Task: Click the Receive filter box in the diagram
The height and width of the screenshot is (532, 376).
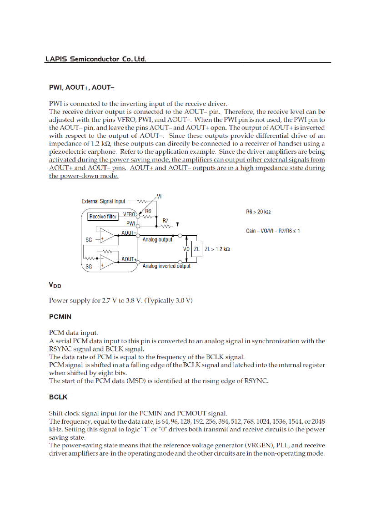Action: point(103,217)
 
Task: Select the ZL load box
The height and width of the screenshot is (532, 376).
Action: point(197,249)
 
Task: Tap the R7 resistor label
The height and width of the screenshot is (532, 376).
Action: point(165,220)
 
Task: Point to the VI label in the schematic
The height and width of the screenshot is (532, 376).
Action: point(159,196)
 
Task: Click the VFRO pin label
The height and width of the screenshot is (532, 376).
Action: point(129,214)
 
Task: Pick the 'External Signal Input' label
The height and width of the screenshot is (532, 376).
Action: point(103,201)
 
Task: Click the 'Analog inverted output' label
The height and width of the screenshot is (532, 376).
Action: point(166,266)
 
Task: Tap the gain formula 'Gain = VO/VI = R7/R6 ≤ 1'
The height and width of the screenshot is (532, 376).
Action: point(273,231)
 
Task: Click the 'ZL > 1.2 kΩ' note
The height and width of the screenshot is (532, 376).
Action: point(217,249)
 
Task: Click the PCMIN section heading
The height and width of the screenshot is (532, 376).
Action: point(60,315)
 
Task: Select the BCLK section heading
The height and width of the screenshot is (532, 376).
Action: point(58,397)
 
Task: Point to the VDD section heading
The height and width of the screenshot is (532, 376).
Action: point(55,285)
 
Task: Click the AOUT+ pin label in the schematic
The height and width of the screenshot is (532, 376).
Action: point(129,259)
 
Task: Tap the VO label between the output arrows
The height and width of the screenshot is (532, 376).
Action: point(185,249)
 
